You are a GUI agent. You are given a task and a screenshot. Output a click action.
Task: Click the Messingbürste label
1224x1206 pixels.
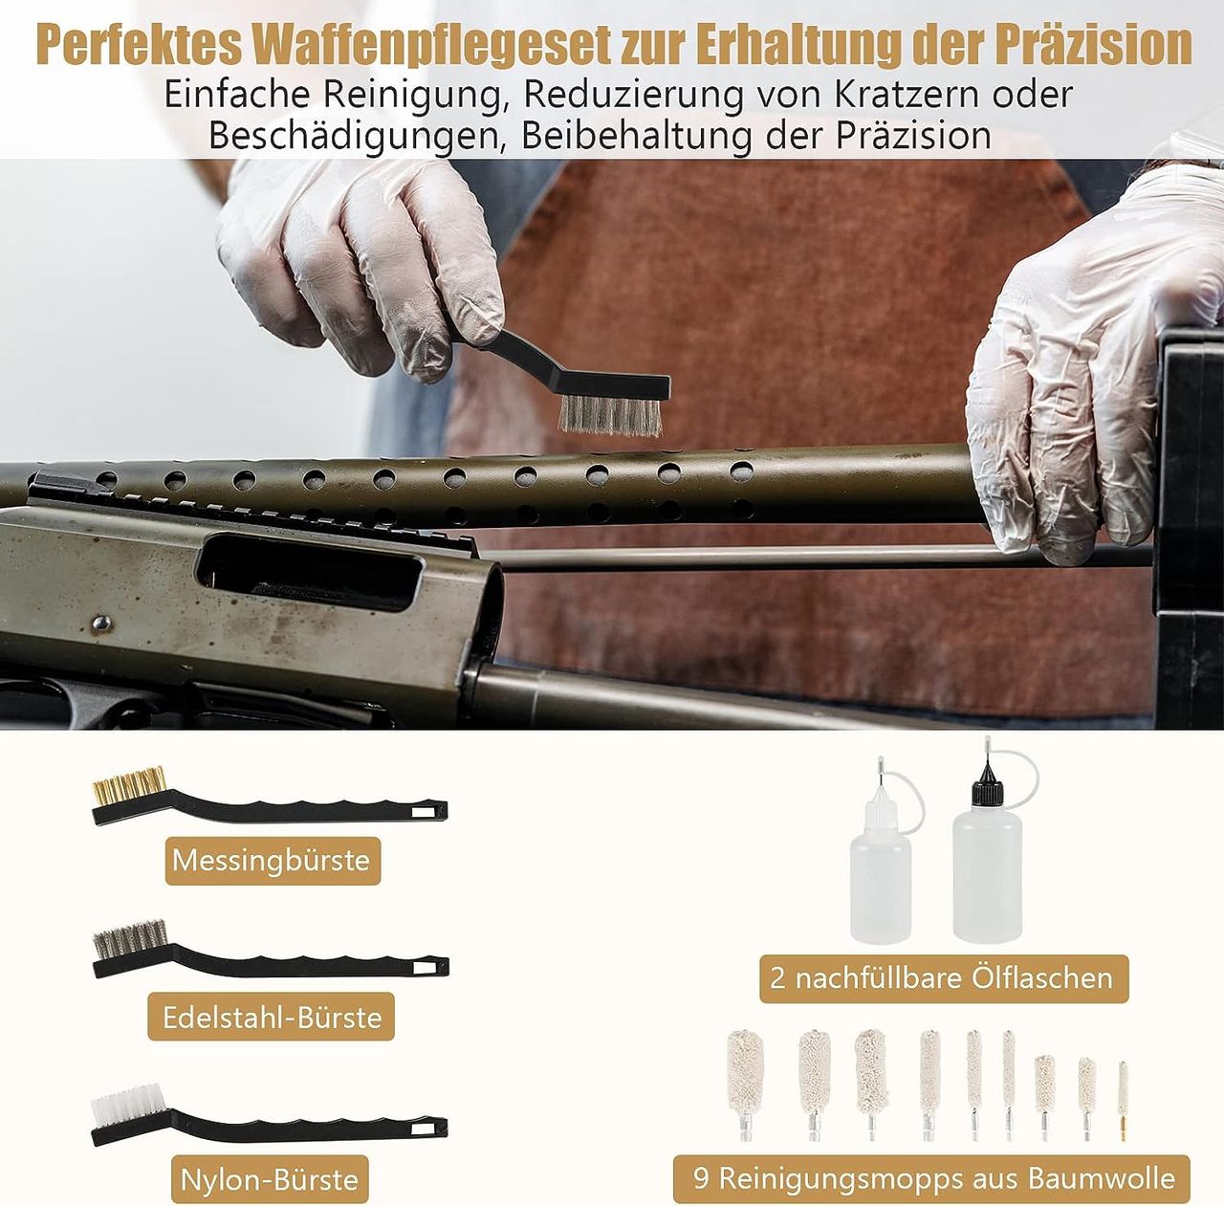coord(272,861)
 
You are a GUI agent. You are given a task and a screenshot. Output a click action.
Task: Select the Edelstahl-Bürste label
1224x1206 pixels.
coord(272,1017)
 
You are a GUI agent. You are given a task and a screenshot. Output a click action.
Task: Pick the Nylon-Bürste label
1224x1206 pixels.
coord(270,1180)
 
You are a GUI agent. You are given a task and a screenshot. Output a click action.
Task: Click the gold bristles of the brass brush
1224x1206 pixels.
coord(129,785)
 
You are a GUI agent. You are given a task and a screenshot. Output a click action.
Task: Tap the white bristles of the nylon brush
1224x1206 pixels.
coord(127,1106)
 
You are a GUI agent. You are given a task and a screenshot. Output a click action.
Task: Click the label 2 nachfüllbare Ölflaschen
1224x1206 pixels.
coord(943,978)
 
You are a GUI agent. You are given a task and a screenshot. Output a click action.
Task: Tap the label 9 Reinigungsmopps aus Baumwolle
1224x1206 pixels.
coord(933,1178)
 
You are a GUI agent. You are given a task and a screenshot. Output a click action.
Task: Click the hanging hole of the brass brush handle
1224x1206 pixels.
coord(422,812)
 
